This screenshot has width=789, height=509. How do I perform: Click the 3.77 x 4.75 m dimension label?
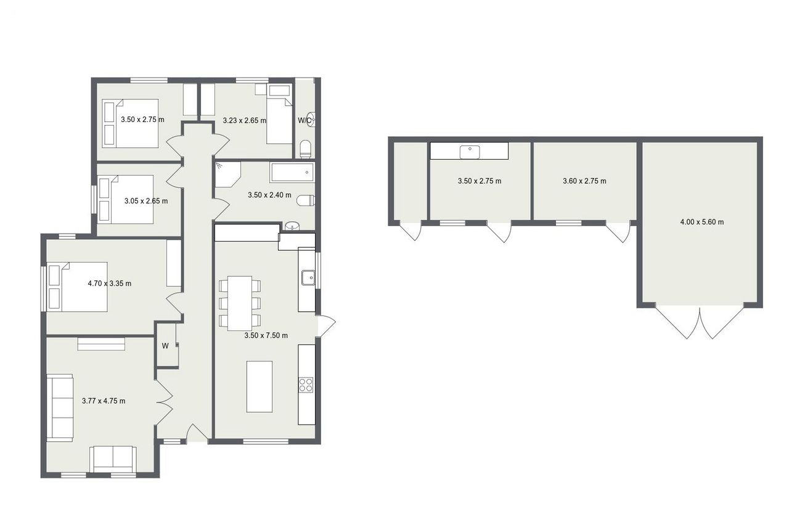click(104, 401)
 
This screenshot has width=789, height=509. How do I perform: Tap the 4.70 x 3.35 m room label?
click(110, 283)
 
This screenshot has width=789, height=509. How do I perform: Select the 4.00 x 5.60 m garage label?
click(702, 222)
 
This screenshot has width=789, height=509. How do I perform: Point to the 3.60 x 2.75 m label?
click(585, 181)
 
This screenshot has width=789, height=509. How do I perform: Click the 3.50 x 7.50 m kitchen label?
click(266, 335)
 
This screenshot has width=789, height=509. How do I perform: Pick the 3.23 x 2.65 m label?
click(245, 120)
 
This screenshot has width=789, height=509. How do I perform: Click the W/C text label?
click(305, 120)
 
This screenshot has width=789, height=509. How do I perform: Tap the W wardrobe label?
click(165, 346)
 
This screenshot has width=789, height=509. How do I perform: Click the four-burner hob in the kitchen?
click(306, 385)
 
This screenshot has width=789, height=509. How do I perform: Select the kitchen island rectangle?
click(260, 386)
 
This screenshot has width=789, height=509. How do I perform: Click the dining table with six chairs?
click(240, 303)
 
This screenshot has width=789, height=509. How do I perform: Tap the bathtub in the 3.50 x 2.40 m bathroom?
click(292, 173)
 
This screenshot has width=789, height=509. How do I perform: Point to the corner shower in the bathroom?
click(227, 174)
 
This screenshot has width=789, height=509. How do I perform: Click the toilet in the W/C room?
click(305, 149)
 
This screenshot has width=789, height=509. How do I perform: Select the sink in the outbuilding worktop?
click(470, 152)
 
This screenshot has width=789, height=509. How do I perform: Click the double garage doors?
click(700, 321)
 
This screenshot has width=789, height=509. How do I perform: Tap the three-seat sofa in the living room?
click(60, 407)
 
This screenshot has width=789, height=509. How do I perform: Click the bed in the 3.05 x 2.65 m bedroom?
click(126, 200)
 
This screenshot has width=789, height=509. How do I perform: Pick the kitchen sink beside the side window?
click(308, 278)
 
